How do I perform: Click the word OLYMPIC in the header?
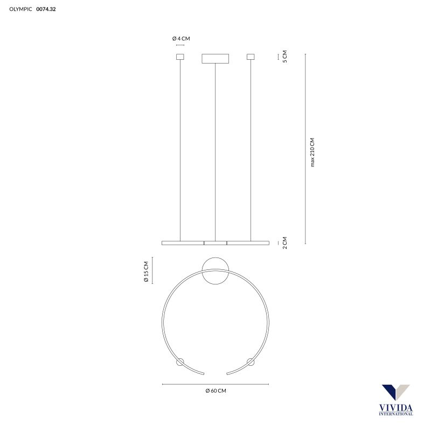pos(20,9)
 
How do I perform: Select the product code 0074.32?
pos(46,9)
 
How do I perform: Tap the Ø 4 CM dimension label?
pos(181,38)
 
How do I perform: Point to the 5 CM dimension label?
pos(284,57)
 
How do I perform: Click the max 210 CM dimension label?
pos(312,152)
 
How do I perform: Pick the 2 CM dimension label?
pos(284,243)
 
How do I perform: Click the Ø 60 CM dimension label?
pos(215,391)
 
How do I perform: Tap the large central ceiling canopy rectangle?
pos(215,58)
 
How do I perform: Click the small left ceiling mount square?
pos(180,57)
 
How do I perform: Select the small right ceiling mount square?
pos(251,57)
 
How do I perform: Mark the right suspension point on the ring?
pos(251,361)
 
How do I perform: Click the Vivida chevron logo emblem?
pos(396,393)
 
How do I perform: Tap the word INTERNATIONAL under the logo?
pos(396,414)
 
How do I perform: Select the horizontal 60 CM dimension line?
pos(215,384)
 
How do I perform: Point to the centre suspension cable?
pos(215,151)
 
